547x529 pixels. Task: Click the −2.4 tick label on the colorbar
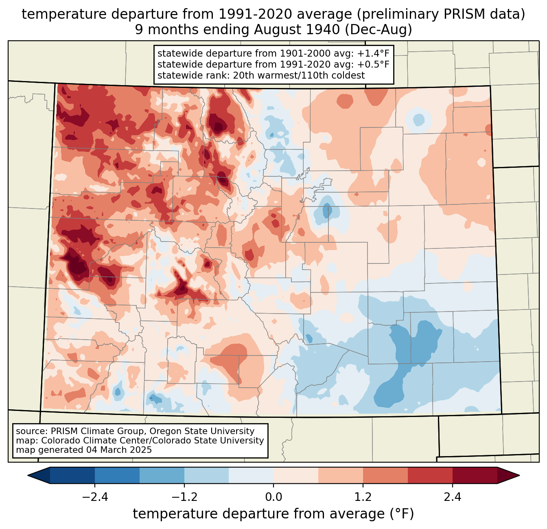coord(94,497)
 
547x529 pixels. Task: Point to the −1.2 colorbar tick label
coord(184,497)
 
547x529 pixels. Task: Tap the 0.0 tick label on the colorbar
coord(273,497)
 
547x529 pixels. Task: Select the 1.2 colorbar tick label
coord(363,497)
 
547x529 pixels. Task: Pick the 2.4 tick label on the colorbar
coord(453,497)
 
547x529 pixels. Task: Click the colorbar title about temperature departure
coord(273,514)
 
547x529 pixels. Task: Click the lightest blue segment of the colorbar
coord(251,475)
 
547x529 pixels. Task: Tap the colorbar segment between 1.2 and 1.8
coord(385,475)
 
